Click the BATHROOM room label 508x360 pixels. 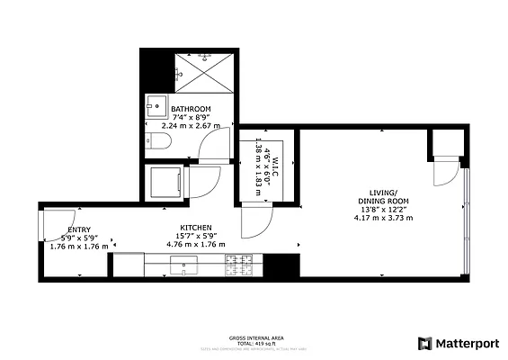pyautogui.click(x=191, y=109)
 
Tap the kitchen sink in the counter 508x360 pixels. pyautogui.click(x=189, y=265)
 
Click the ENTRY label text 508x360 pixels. pyautogui.click(x=78, y=229)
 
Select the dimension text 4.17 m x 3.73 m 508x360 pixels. pyautogui.click(x=383, y=218)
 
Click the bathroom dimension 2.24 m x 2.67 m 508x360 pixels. pyautogui.click(x=191, y=126)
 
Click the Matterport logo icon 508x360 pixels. pyautogui.click(x=424, y=343)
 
